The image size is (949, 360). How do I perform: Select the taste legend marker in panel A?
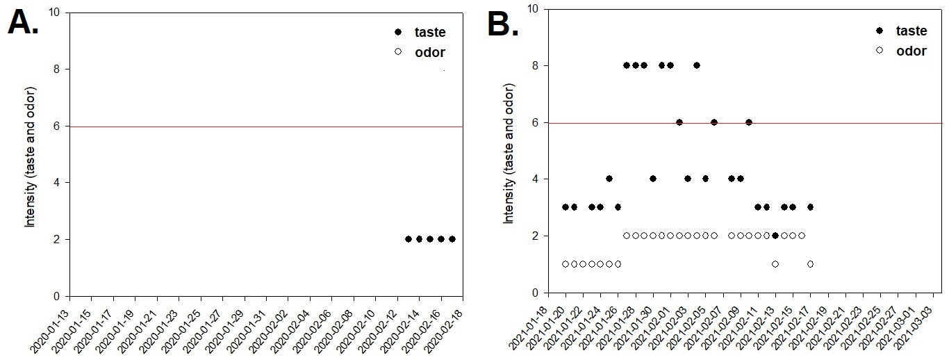(397, 32)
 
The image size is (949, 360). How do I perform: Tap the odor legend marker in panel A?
(397, 52)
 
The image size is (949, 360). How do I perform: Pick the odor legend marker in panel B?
(879, 51)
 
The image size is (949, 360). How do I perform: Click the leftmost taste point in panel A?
(408, 239)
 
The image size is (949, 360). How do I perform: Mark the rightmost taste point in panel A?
(452, 239)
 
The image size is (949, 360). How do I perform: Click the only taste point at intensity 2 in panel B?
(775, 236)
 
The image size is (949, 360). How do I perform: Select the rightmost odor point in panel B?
(810, 264)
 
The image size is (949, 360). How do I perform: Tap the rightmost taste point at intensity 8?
(697, 65)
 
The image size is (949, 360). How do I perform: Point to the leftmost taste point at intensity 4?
(609, 179)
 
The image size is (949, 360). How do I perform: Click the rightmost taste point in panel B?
(810, 207)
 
